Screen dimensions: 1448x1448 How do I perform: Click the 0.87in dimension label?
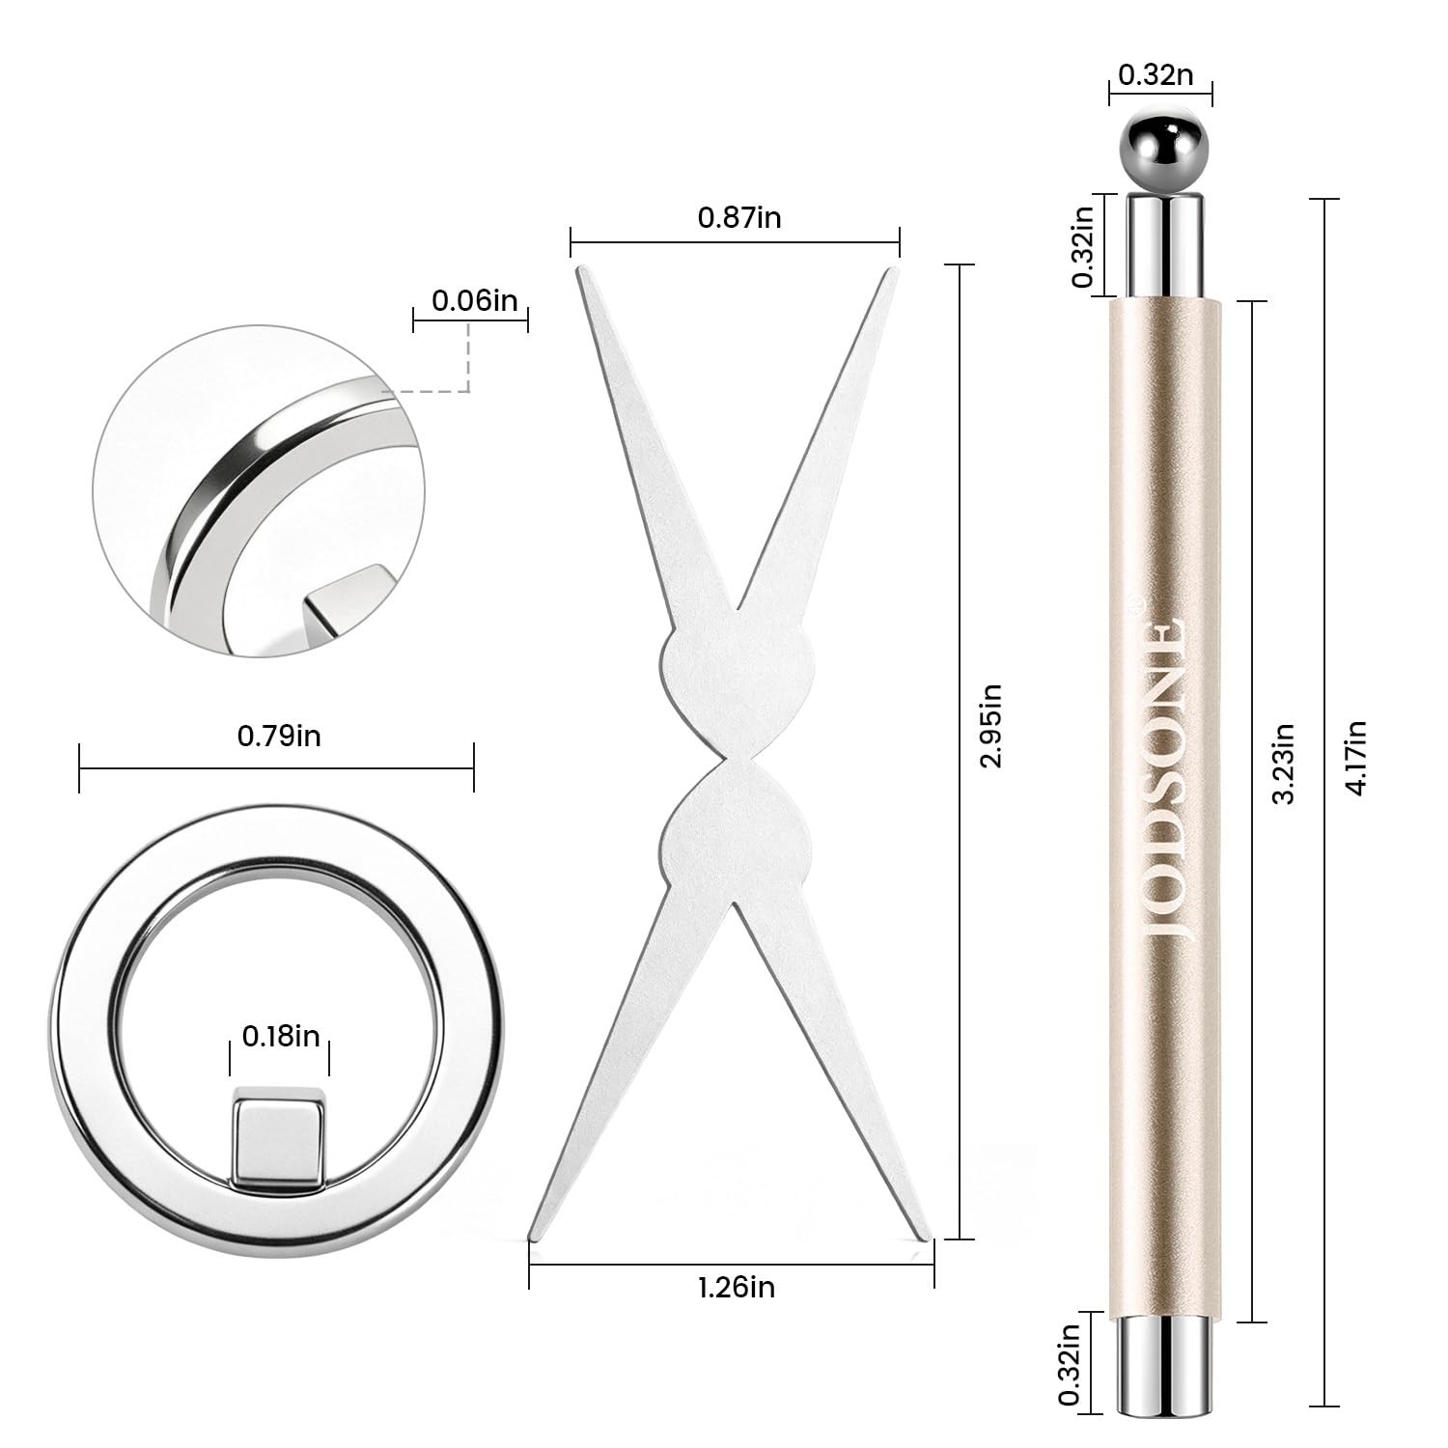click(x=739, y=217)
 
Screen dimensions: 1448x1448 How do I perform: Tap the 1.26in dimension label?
click(x=736, y=1287)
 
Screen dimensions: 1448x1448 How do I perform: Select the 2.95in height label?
click(x=990, y=725)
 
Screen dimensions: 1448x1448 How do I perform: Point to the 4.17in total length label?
click(x=1355, y=758)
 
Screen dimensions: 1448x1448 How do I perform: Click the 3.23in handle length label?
click(x=1284, y=764)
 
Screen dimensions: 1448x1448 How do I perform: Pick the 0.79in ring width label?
click(x=279, y=737)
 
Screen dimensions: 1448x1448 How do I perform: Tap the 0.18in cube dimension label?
click(x=281, y=1037)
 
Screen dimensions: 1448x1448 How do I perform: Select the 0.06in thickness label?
click(x=474, y=300)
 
